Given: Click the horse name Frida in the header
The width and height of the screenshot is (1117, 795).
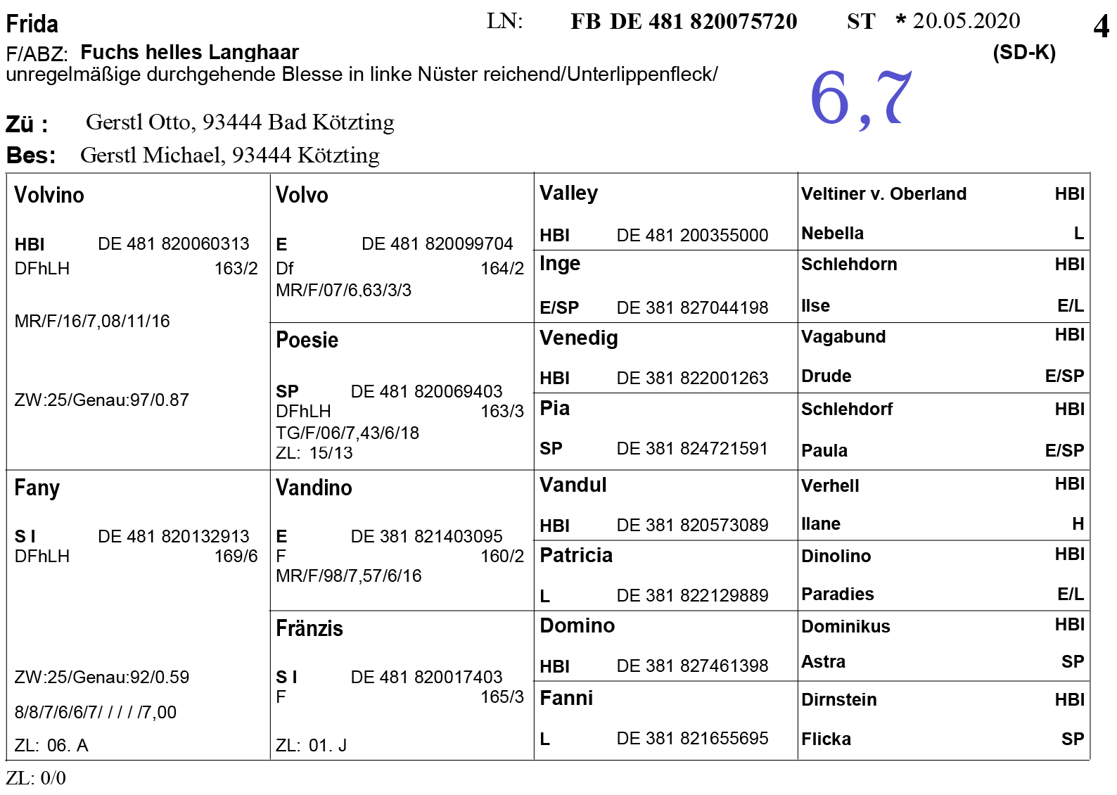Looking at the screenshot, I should [32, 25].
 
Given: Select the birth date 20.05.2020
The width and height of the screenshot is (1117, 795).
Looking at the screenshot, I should [966, 21].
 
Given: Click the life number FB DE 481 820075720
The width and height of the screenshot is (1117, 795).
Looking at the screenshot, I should [683, 22].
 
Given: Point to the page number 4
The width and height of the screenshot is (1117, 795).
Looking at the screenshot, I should [1100, 27].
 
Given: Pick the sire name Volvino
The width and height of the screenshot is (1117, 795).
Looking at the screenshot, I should [49, 195].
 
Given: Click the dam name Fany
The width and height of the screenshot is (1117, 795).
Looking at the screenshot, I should [37, 488].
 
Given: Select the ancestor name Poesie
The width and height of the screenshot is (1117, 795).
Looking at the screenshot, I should [307, 340].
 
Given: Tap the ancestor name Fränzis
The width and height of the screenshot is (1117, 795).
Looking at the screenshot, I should [309, 628].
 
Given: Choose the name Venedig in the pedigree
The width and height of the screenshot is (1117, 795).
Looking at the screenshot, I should [578, 338].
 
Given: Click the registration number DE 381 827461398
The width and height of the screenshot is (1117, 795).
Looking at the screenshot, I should [692, 666].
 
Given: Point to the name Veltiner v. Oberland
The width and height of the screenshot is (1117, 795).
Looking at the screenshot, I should [883, 193].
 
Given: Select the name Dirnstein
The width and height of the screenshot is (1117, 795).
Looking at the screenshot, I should [838, 699].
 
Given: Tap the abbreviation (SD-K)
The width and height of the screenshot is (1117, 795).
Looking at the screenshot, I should [1023, 53].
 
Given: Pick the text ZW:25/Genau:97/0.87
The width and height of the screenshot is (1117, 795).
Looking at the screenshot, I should [101, 400].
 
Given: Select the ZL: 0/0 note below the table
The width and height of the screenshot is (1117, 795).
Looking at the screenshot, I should [36, 777].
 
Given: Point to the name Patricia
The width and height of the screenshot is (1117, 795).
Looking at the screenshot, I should [575, 555].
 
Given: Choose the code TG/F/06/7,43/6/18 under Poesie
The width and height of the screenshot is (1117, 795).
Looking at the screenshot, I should [347, 433].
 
